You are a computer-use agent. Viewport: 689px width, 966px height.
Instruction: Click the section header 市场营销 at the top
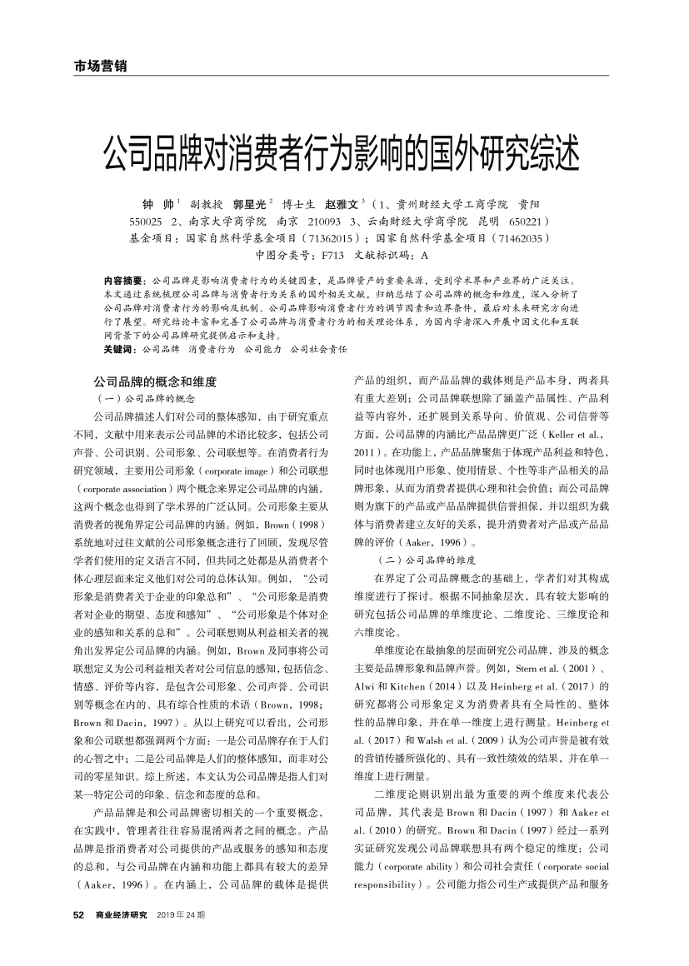coord(95,67)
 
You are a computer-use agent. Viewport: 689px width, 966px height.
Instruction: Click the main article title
coord(344,152)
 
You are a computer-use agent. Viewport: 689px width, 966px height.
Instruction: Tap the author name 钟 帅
coord(157,203)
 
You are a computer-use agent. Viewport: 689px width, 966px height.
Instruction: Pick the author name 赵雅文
coord(342,203)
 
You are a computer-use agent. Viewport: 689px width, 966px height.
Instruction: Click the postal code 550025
coord(147,221)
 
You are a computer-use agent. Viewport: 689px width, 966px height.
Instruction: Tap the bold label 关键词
coord(117,349)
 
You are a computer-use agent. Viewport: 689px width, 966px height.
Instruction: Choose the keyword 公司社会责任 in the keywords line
coord(317,349)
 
